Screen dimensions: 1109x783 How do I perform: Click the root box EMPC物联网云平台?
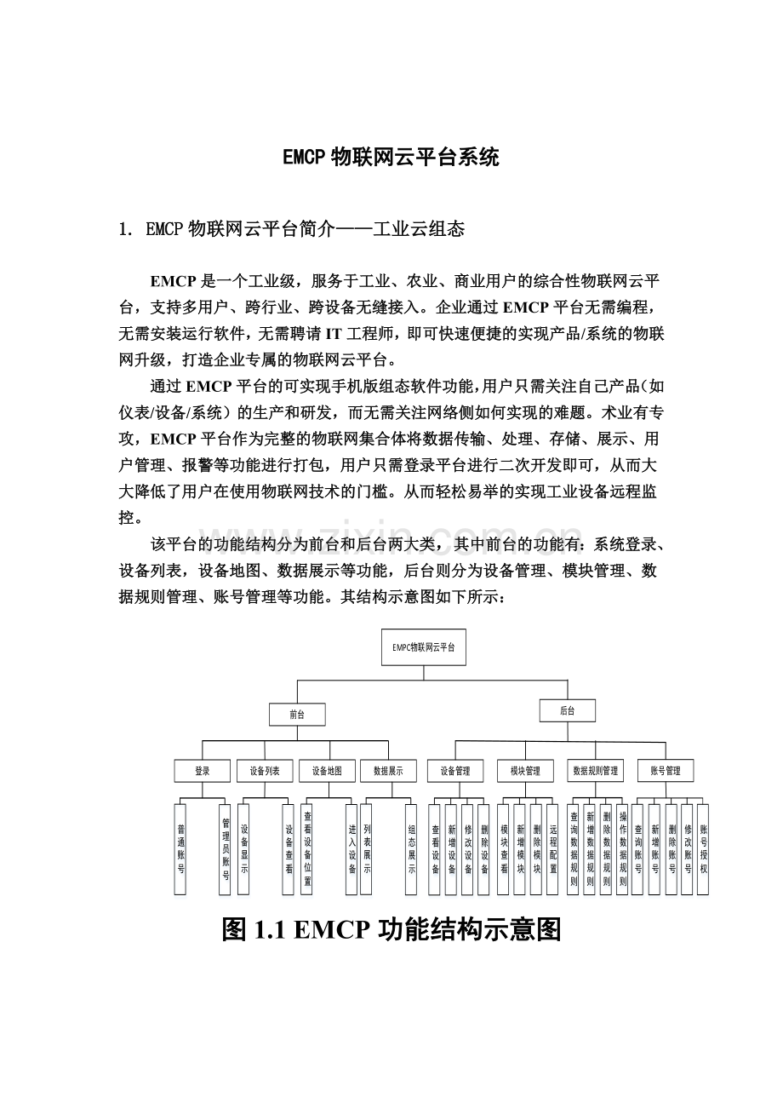[x=423, y=647]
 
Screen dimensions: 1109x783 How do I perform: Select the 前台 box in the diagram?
[x=296, y=715]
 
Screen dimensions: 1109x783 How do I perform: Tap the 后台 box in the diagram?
[x=568, y=710]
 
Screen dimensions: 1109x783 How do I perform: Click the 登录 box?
[x=202, y=771]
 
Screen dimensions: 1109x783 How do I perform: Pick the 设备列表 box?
[x=265, y=771]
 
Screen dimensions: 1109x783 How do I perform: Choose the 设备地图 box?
[x=327, y=771]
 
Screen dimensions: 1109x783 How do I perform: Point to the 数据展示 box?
[x=388, y=771]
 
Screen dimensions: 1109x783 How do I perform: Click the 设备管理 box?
[x=455, y=771]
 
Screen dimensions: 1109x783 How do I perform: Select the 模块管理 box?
[x=525, y=771]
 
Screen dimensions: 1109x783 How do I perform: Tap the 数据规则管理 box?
[x=595, y=771]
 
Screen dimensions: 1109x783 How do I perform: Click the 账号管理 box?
[x=665, y=771]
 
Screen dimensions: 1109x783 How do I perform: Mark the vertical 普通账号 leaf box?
[x=180, y=848]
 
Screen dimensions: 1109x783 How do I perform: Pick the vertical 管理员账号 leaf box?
[x=226, y=848]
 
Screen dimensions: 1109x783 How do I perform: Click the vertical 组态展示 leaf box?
[x=412, y=848]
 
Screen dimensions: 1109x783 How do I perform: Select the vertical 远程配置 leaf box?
[x=552, y=848]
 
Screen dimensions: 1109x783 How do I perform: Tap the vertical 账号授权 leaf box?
[x=703, y=848]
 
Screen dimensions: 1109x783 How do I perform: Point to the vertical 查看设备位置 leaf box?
[x=307, y=848]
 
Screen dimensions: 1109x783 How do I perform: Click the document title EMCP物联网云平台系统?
[x=391, y=158]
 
